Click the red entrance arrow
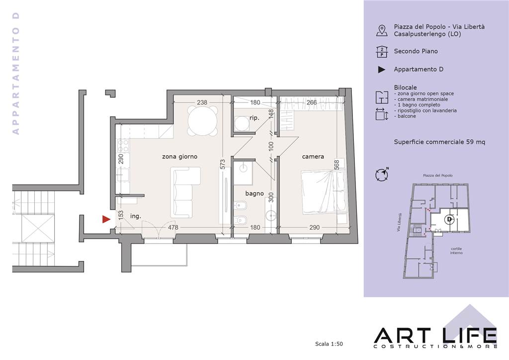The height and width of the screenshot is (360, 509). [x=106, y=219]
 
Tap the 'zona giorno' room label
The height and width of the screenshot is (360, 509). [x=180, y=157]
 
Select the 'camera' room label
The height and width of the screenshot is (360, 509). [x=313, y=157]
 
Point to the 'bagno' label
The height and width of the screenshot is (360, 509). [x=254, y=193]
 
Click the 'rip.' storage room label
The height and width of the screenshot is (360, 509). [x=254, y=118]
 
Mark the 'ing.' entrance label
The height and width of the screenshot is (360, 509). [x=136, y=216]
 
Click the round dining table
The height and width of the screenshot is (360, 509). [x=203, y=120]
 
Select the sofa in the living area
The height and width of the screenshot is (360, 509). [x=185, y=192]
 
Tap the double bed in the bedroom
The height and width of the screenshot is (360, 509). [x=324, y=192]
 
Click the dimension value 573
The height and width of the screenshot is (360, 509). [x=222, y=164]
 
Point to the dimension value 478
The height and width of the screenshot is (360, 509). [x=173, y=228]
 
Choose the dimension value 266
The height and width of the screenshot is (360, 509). [x=312, y=102]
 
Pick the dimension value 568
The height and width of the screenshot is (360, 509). [x=337, y=165]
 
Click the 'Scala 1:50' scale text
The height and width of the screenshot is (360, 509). [x=329, y=344]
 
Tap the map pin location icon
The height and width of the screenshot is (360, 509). [x=382, y=30]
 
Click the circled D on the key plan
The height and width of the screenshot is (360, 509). [x=449, y=219]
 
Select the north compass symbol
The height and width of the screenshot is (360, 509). [x=382, y=175]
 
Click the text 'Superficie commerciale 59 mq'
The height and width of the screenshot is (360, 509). [x=439, y=142]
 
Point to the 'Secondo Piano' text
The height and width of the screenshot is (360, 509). [x=416, y=51]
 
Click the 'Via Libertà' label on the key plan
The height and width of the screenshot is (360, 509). [x=400, y=222]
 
